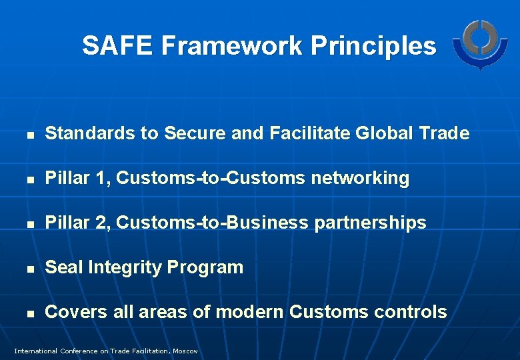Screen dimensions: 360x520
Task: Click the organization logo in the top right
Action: point(479,43)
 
